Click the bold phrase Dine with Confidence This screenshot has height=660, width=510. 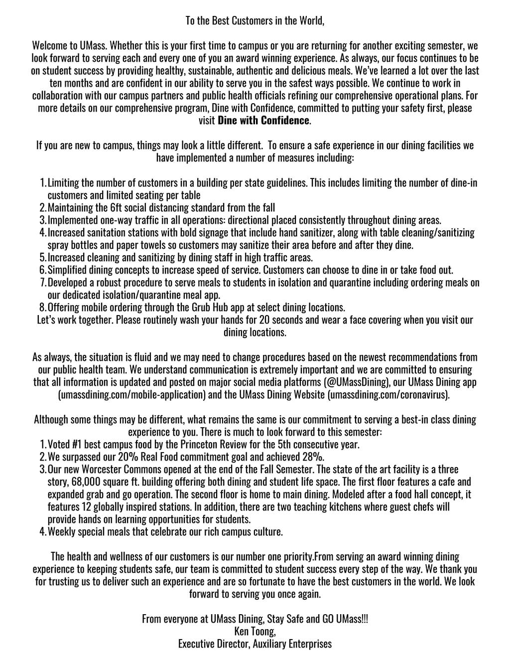[x=264, y=121]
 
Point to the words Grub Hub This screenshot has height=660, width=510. [x=196, y=308]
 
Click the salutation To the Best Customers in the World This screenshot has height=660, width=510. [x=255, y=21]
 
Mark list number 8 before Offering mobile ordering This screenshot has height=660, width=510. [x=42, y=308]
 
